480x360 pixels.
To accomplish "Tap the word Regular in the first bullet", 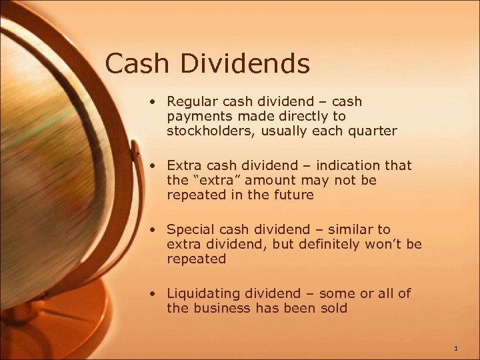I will tap(193, 102).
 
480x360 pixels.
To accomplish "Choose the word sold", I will tap(333, 308).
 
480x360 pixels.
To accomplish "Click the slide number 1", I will tap(455, 349).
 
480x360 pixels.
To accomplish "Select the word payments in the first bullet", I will tap(195, 116).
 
